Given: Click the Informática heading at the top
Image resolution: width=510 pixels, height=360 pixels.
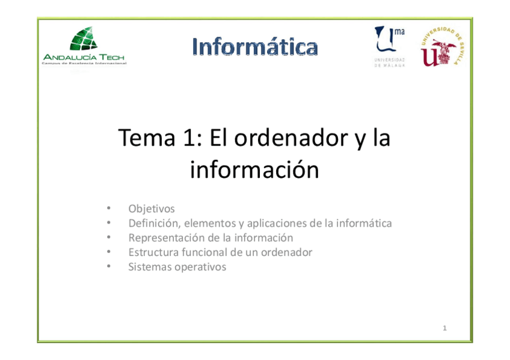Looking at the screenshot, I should [x=255, y=46].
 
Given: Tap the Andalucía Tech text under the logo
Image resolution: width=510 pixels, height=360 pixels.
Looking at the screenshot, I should [x=84, y=56].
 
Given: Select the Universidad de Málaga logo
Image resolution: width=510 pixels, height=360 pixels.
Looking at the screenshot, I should [x=390, y=46].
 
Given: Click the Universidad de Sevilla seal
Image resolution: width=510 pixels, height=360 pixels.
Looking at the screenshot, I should [x=443, y=46].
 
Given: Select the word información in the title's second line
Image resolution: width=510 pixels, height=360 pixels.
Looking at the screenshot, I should [x=254, y=170].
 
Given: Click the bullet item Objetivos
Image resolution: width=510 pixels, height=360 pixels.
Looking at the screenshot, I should [x=152, y=209].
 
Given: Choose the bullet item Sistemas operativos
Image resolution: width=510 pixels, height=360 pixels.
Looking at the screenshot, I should [x=177, y=267].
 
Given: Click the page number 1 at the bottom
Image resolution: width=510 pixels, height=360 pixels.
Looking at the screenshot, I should [x=444, y=328].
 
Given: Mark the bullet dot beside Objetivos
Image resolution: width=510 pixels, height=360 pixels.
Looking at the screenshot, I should [x=108, y=209].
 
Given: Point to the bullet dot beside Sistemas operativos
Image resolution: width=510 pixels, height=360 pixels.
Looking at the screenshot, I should [x=108, y=267].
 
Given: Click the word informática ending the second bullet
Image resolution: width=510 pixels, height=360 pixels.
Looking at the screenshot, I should [x=364, y=223].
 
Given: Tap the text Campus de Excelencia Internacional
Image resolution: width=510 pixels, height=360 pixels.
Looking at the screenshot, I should [x=84, y=63].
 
